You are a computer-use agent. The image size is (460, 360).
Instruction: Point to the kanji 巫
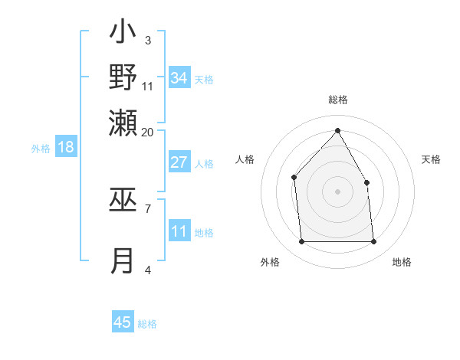tap(123, 201)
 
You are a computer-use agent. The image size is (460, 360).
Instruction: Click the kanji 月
tap(123, 260)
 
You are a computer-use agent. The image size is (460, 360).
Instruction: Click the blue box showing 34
tap(179, 78)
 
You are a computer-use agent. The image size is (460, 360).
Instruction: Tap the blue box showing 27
tap(179, 162)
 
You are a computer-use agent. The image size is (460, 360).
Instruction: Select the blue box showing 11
tap(179, 232)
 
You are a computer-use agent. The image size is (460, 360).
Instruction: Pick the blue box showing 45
tap(123, 322)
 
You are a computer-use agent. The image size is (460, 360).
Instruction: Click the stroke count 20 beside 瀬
tap(148, 132)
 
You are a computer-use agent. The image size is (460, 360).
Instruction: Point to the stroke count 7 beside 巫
tap(148, 207)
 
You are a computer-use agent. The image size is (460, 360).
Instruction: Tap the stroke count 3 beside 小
tap(148, 40)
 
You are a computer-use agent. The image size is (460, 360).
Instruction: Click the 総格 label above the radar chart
tap(338, 100)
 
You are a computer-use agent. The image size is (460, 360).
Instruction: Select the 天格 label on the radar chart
tap(432, 159)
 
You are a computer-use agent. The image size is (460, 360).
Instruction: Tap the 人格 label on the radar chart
tap(245, 159)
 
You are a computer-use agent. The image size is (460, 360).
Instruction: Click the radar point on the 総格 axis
tap(337, 131)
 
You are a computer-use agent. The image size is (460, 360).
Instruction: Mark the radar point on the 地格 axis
tap(374, 242)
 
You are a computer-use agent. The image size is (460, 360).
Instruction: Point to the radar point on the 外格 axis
tap(301, 242)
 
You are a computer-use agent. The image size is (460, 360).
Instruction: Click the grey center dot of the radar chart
tap(337, 191)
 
